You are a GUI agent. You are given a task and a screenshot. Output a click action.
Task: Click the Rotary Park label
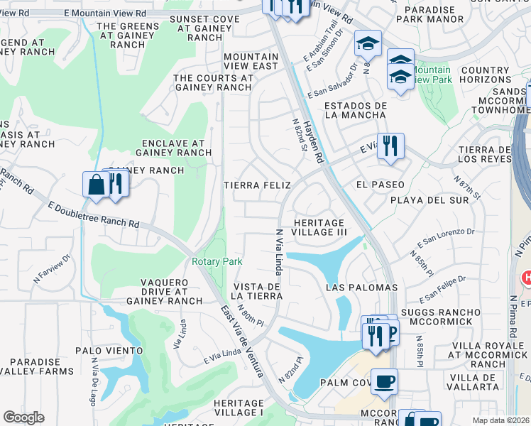click(x=217, y=261)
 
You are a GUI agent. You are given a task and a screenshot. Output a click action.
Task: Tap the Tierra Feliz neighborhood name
click(x=258, y=185)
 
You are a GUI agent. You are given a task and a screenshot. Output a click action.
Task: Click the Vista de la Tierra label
click(x=258, y=291)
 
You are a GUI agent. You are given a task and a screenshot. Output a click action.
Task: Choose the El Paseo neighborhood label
click(x=381, y=185)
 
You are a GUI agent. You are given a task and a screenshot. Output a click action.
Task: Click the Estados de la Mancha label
click(x=355, y=110)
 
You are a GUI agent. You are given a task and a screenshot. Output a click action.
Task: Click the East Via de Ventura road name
click(x=242, y=341)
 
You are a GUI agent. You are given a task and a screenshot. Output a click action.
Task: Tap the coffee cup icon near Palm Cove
click(x=384, y=381)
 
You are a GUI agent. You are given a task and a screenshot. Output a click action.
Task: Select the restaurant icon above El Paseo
click(x=390, y=146)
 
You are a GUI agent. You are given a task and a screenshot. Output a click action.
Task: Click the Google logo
click(x=23, y=417)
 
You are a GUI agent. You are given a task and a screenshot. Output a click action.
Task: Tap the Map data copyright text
click(x=500, y=420)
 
